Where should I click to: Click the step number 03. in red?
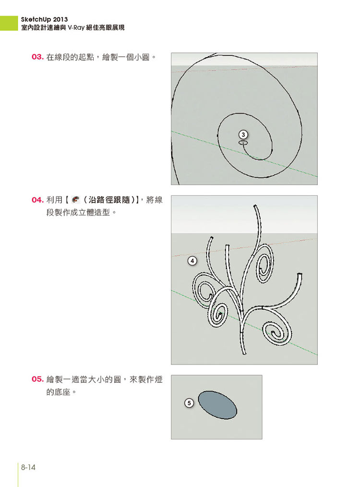tap(37, 57)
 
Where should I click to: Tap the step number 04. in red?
tap(37, 200)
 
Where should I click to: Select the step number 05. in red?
tap(37, 379)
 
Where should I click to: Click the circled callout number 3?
tap(243, 134)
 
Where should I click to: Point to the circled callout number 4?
tap(192, 261)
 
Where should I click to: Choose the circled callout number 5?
tap(189, 403)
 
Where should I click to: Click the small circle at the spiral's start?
tap(243, 143)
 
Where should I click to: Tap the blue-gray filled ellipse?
tap(217, 405)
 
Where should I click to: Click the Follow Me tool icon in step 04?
tap(75, 200)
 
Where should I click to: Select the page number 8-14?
tap(28, 467)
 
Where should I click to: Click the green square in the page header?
tap(9, 23)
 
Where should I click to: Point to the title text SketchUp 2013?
tap(44, 20)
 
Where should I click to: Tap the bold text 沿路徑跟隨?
tap(109, 200)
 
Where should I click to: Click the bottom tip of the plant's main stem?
tap(244, 353)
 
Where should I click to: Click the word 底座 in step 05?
tap(62, 392)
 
